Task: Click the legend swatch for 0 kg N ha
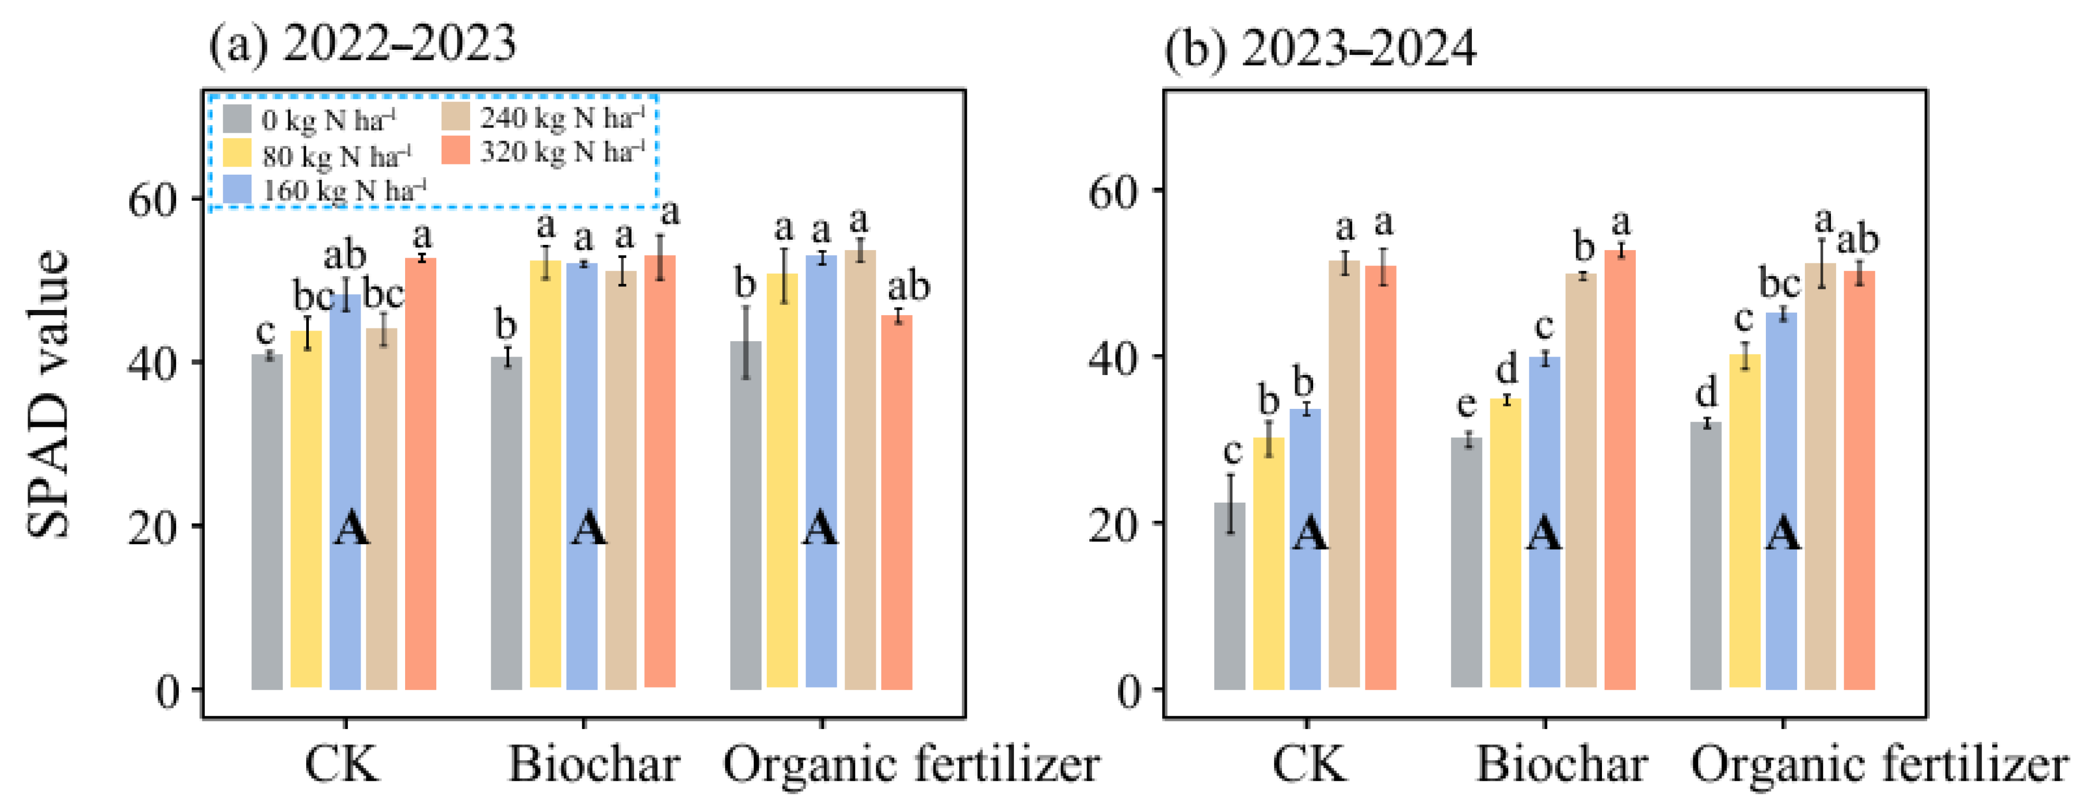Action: [x=237, y=119]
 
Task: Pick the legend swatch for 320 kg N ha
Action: [x=456, y=151]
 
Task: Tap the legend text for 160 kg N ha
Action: [x=344, y=191]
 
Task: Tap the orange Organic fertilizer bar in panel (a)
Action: [x=897, y=503]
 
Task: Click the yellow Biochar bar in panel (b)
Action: [x=1505, y=543]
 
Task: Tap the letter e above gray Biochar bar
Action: [x=1466, y=404]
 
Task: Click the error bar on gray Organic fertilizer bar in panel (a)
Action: [x=746, y=342]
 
